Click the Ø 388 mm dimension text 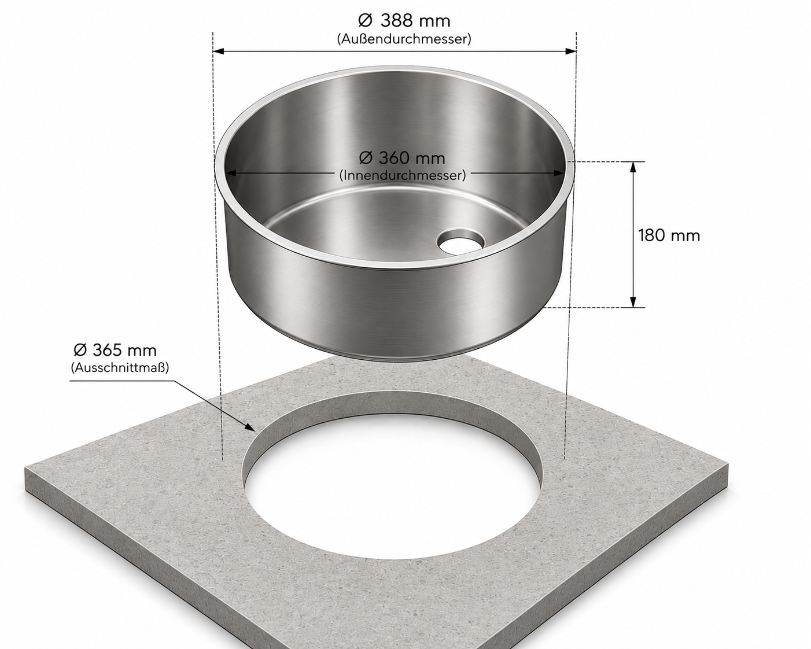404,20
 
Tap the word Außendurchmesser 404,39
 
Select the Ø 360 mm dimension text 402,158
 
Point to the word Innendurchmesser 403,175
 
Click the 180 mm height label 669,235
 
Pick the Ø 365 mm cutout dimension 115,350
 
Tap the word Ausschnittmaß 120,367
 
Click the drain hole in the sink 460,241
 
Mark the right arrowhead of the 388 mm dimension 570,51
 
